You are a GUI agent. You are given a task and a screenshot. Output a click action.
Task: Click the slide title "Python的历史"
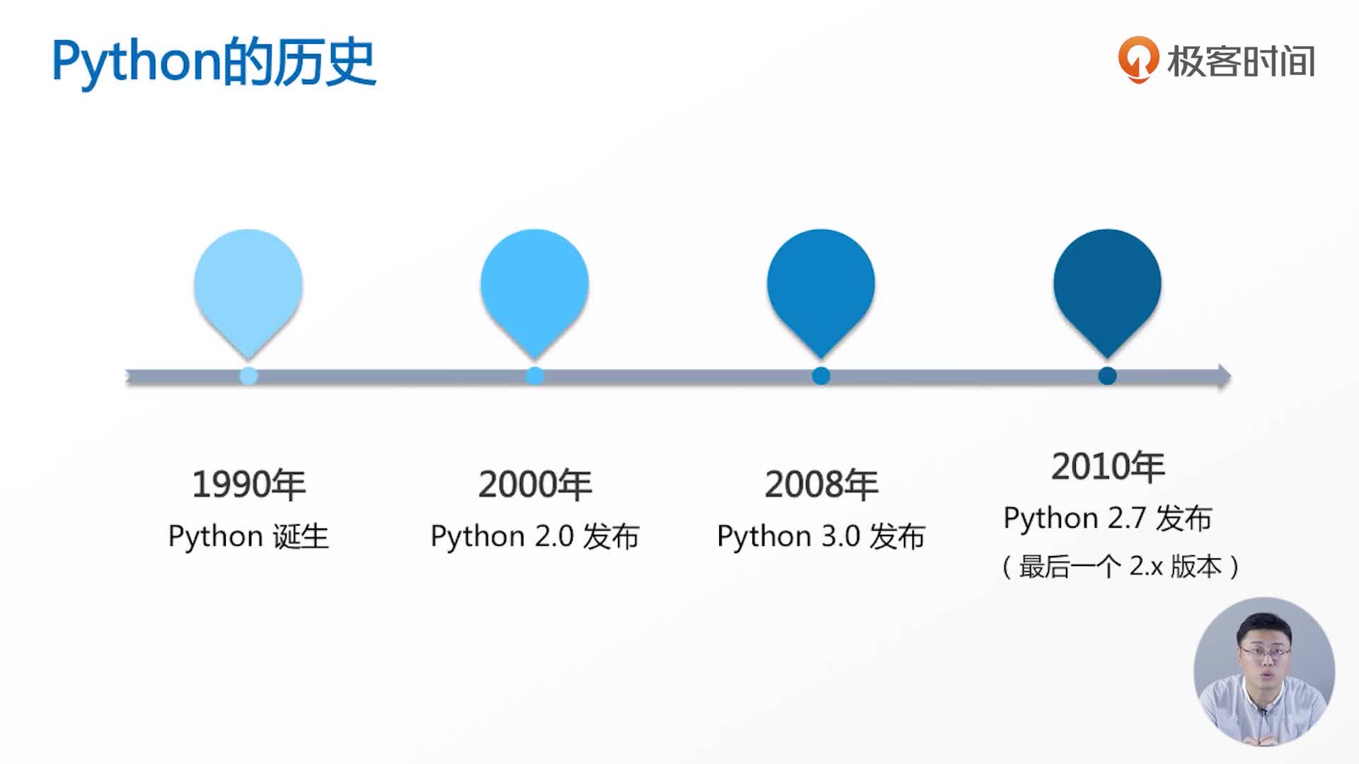point(214,63)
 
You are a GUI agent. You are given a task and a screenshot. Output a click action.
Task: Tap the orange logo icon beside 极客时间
point(1138,60)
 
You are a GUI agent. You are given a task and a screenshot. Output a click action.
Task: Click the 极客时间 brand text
point(1242,62)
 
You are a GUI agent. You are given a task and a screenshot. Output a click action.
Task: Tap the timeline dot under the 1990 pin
point(248,376)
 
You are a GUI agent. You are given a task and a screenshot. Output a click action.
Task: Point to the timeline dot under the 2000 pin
point(535,376)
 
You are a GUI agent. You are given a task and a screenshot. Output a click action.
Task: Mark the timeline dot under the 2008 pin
point(821,376)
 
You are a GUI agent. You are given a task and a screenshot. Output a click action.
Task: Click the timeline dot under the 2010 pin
point(1108,376)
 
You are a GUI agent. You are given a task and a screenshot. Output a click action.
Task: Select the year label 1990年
point(249,485)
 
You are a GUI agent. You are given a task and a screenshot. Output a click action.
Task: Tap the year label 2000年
point(535,485)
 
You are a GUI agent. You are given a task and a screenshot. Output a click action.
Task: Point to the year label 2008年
point(822,485)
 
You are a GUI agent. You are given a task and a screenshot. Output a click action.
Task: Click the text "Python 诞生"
point(248,536)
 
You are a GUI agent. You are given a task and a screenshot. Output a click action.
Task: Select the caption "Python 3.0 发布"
point(821,537)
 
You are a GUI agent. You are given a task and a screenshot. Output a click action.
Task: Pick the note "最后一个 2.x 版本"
point(1120,567)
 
